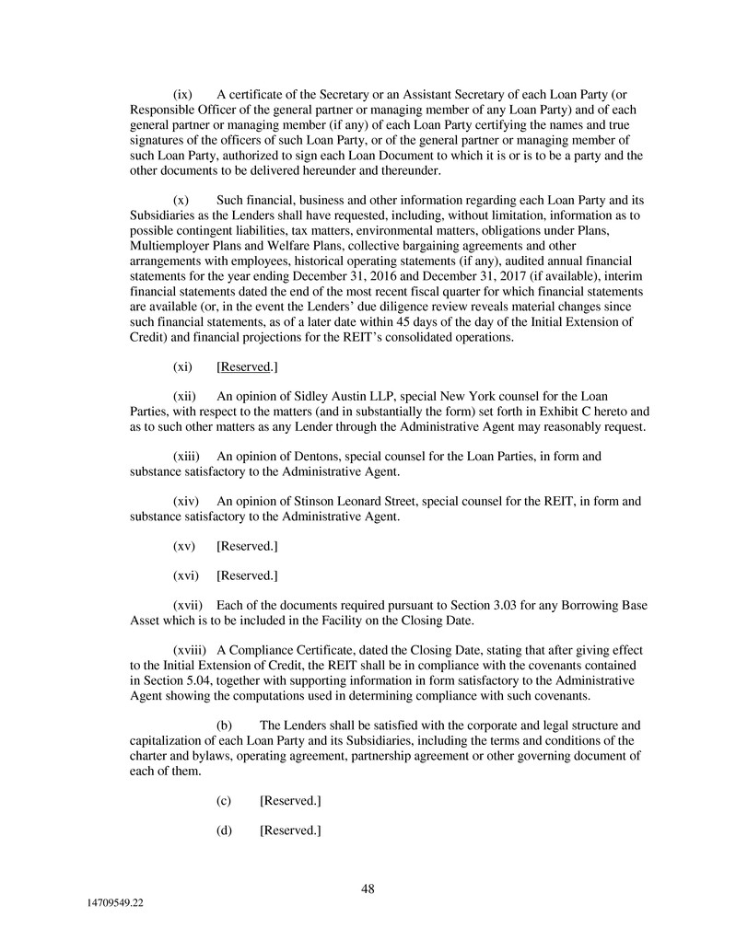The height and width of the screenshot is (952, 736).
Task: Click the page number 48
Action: (x=368, y=888)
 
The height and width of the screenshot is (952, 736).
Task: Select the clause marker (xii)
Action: (x=185, y=395)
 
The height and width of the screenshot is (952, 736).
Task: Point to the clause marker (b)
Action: (x=224, y=726)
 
